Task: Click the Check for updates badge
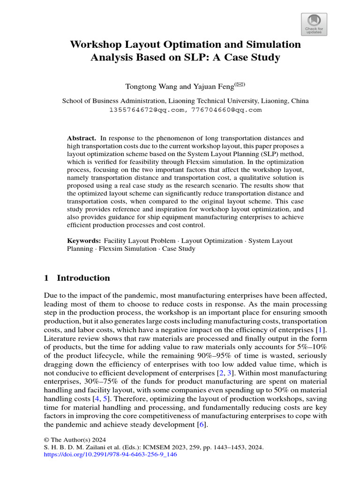[314, 24]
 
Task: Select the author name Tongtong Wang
[150, 87]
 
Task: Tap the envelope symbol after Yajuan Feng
[239, 85]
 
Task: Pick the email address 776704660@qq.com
[226, 110]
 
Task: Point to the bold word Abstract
[82, 138]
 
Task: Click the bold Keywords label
[84, 240]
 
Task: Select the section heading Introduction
[83, 278]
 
